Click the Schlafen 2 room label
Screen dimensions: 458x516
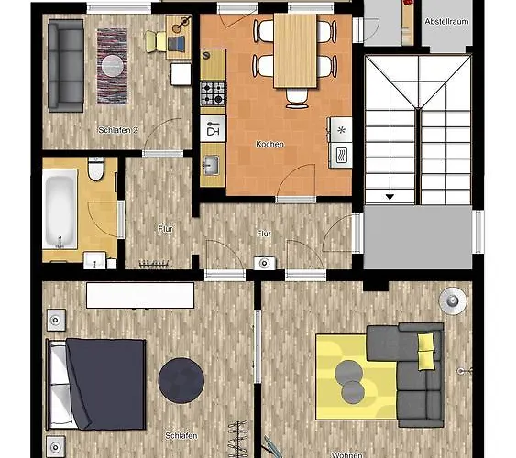pos(117,131)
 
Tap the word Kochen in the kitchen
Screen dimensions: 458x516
pos(270,145)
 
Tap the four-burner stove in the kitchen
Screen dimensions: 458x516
pos(213,93)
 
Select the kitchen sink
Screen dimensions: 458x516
pos(212,166)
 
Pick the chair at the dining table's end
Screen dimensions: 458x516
pos(296,96)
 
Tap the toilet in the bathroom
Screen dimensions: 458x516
pos(95,169)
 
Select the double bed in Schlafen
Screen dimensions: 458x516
pos(96,383)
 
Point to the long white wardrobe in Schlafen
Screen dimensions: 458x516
pos(140,295)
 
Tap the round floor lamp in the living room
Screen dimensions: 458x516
pos(452,300)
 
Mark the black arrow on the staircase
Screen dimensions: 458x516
pos(390,195)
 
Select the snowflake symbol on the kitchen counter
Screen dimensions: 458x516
pos(341,130)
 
